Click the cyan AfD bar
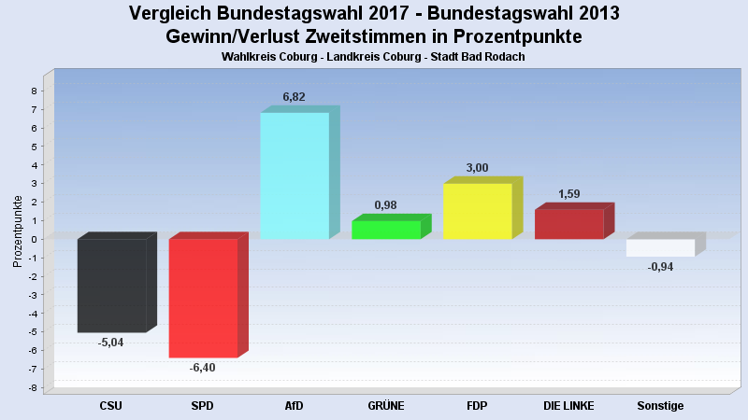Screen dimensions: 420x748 pos(294,175)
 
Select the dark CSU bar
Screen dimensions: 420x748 pos(111,285)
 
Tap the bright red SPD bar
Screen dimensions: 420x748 pos(203,298)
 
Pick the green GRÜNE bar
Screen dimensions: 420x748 pos(385,230)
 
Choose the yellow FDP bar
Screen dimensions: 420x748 pos(477,211)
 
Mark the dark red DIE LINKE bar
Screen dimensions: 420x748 pos(568,224)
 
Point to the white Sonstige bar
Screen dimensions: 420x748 pos(660,247)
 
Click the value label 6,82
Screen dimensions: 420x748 pos(295,97)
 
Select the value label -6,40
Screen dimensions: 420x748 pos(202,368)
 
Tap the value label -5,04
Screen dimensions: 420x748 pos(110,343)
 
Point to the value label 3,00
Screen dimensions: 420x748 pos(477,168)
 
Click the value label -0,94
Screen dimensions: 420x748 pos(660,267)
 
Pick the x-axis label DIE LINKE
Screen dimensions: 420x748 pos(568,406)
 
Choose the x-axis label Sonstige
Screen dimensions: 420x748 pos(660,406)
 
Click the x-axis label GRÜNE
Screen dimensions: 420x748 pos(385,406)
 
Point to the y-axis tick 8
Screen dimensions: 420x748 pos(34,91)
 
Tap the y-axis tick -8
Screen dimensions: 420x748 pos(32,387)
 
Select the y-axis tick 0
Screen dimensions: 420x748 pos(34,239)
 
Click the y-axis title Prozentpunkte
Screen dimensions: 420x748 pos(18,231)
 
